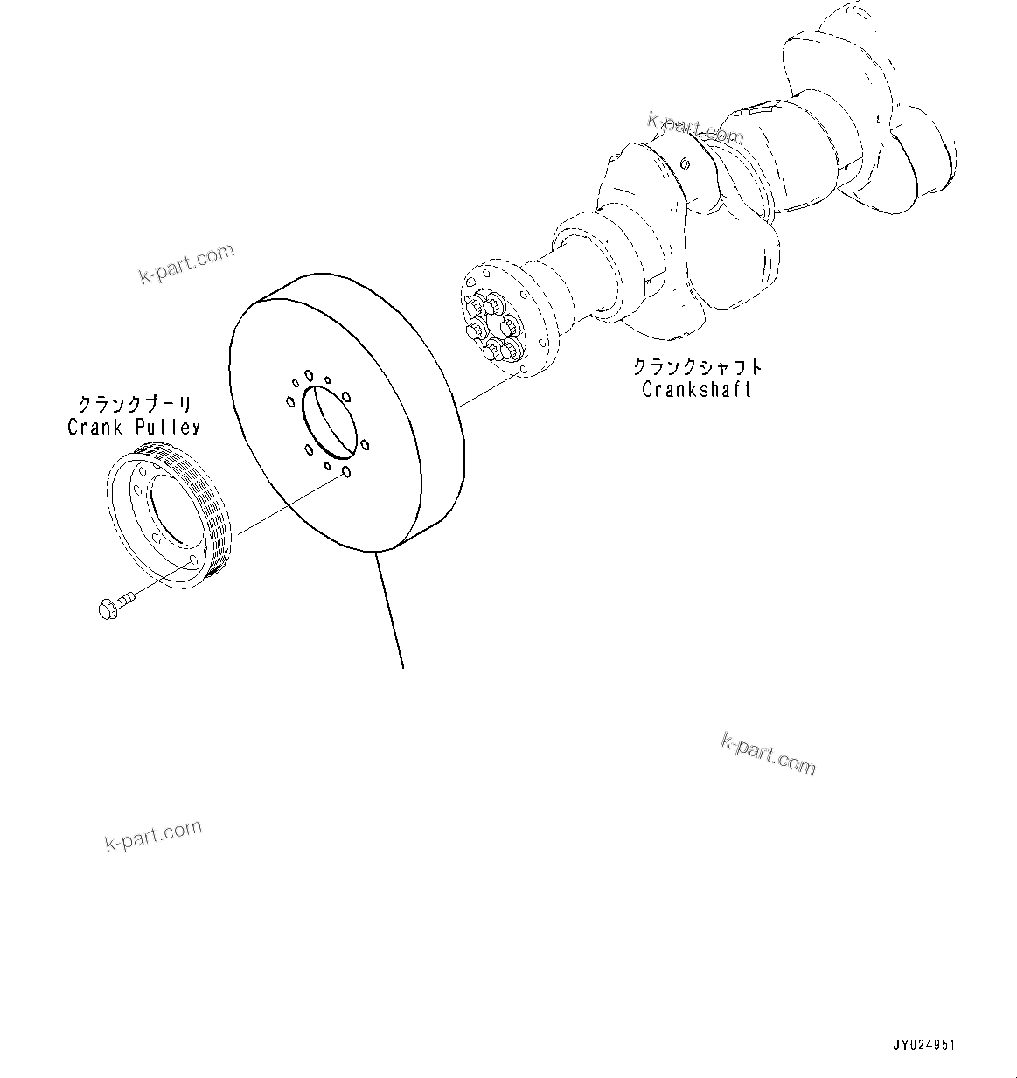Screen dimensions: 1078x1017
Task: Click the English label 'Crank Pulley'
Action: pyautogui.click(x=133, y=427)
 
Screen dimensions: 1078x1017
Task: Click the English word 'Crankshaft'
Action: pyautogui.click(x=696, y=390)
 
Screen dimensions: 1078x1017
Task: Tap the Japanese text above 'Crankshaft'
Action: pyautogui.click(x=697, y=367)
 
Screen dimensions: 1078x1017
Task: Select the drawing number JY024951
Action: pyautogui.click(x=923, y=1045)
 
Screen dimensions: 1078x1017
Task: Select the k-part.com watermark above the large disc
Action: pyautogui.click(x=186, y=264)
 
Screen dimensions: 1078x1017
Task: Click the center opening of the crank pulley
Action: pyautogui.click(x=171, y=515)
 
